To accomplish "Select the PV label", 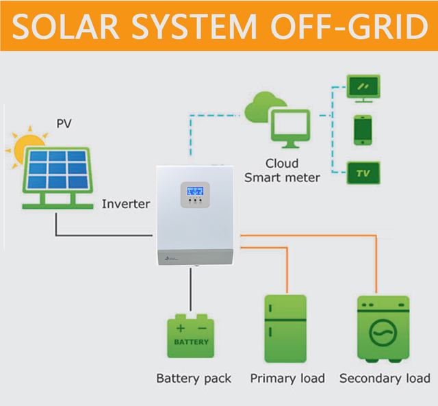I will pyautogui.click(x=64, y=124).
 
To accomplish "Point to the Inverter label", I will pyautogui.click(x=126, y=204).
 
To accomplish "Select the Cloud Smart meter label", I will pyautogui.click(x=282, y=170).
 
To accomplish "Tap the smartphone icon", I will pyautogui.click(x=363, y=129).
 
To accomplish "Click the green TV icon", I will pyautogui.click(x=363, y=173).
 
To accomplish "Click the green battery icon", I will pyautogui.click(x=191, y=336).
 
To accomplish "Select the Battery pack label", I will pyautogui.click(x=194, y=378).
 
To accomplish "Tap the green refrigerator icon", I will pyautogui.click(x=285, y=329).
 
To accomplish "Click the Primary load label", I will pyautogui.click(x=287, y=378).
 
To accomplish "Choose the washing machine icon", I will pyautogui.click(x=383, y=329).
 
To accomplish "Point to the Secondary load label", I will pyautogui.click(x=385, y=378).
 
